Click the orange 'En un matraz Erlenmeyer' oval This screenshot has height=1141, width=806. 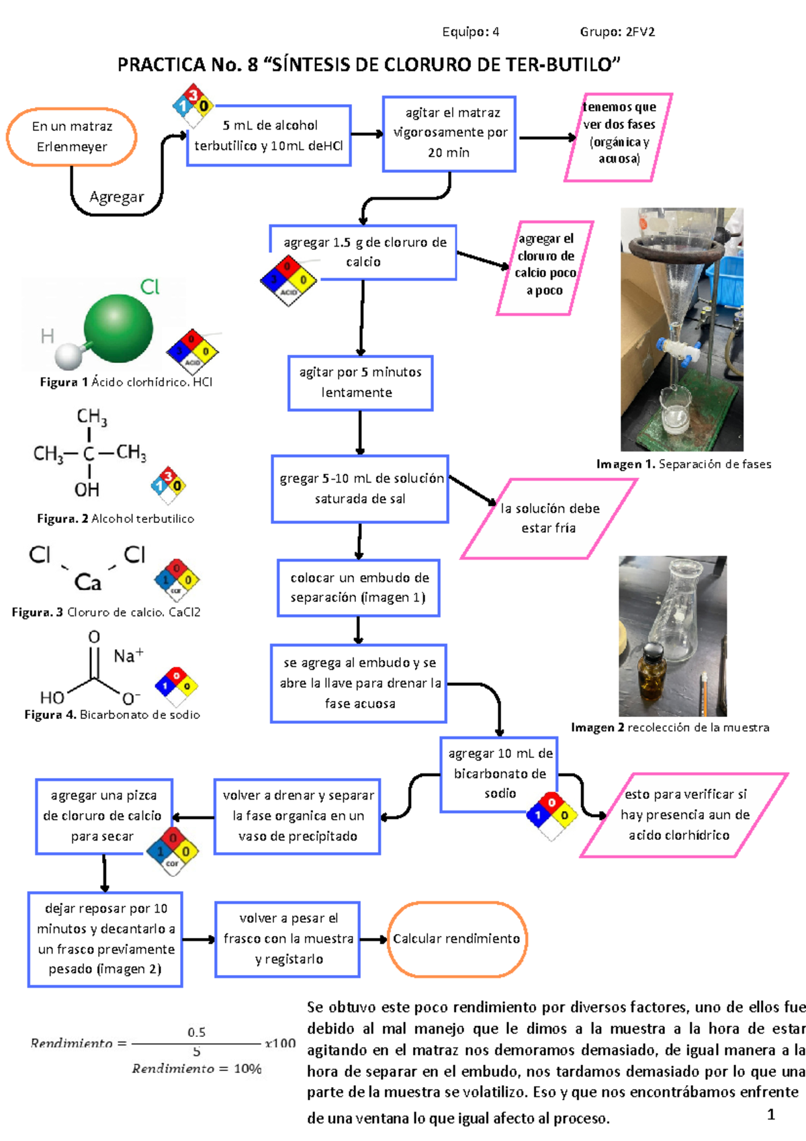72,136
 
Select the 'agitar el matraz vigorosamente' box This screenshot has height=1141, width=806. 449,133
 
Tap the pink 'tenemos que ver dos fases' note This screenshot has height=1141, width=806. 619,138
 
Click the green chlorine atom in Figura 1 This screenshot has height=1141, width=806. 118,327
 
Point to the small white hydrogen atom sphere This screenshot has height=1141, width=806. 68,356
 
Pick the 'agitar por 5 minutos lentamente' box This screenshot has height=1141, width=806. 360,382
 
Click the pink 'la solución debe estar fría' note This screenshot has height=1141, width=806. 549,518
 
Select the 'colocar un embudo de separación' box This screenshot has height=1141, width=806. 359,587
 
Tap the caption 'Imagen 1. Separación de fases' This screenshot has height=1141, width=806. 684,464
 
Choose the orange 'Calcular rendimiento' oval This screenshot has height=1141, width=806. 457,939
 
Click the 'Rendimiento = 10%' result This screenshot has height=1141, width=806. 196,1068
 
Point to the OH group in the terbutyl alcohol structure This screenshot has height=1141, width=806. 87,489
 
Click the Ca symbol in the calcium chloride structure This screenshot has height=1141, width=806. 88,582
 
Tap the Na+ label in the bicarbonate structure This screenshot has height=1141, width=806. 128,656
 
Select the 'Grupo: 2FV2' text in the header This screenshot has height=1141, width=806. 617,32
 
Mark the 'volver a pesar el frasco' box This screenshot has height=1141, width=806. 288,939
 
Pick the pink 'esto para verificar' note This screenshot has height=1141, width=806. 684,814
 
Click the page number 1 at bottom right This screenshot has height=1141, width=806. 771,1115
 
